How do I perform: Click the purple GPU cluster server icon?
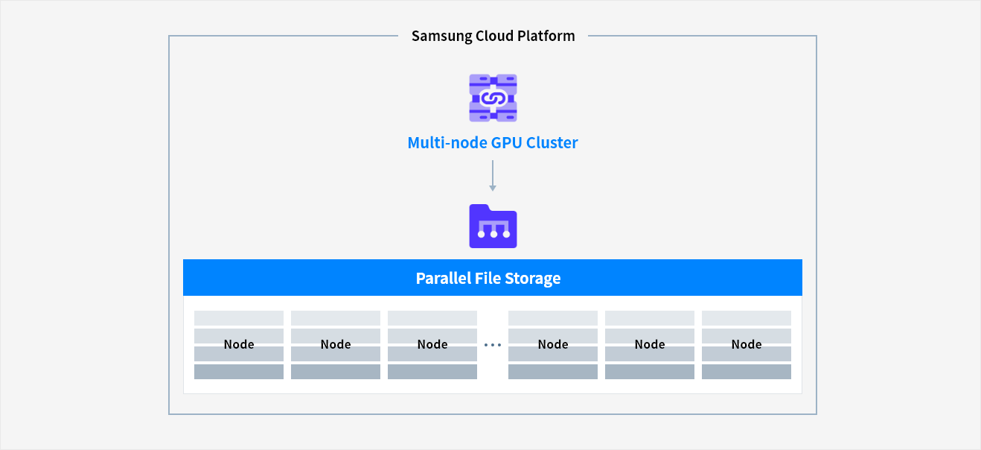493,98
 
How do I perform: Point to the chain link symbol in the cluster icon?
493,98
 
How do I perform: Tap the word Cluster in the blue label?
552,142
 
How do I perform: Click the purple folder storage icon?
493,226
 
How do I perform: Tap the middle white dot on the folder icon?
493,235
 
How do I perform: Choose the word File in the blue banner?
490,279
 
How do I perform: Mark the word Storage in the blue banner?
532,279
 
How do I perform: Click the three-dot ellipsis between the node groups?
493,345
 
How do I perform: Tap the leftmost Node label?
239,344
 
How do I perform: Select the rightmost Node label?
747,344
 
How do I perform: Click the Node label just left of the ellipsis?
432,344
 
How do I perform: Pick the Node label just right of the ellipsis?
553,344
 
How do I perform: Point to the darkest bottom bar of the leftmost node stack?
239,372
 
